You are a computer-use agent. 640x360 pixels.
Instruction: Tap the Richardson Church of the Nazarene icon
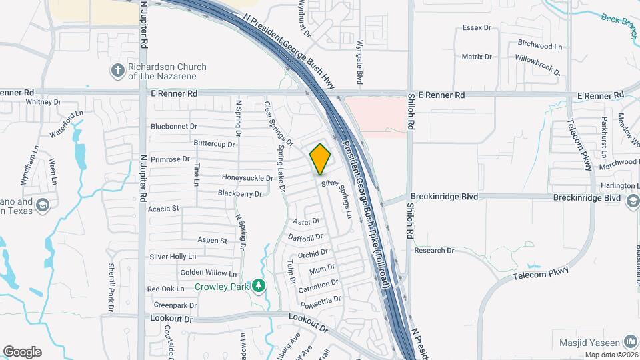117,70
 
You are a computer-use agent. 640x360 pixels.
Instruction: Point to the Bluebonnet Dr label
174,126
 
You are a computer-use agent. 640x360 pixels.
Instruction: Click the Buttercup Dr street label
214,143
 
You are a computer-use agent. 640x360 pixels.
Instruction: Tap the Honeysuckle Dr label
247,178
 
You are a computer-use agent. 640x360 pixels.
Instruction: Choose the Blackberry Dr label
240,193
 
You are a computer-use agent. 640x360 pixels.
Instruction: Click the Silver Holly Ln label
173,256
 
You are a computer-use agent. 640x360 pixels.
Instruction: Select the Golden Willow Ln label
209,273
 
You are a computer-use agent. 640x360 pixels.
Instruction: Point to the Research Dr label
434,251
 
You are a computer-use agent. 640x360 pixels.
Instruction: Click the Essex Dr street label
477,29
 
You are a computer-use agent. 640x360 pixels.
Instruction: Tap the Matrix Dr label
477,57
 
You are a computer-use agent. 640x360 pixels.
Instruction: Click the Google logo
22,352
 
